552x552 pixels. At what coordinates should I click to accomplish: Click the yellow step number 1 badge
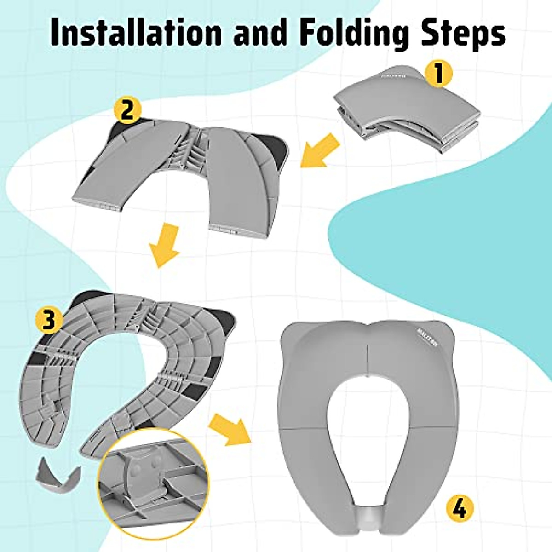(x=438, y=73)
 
